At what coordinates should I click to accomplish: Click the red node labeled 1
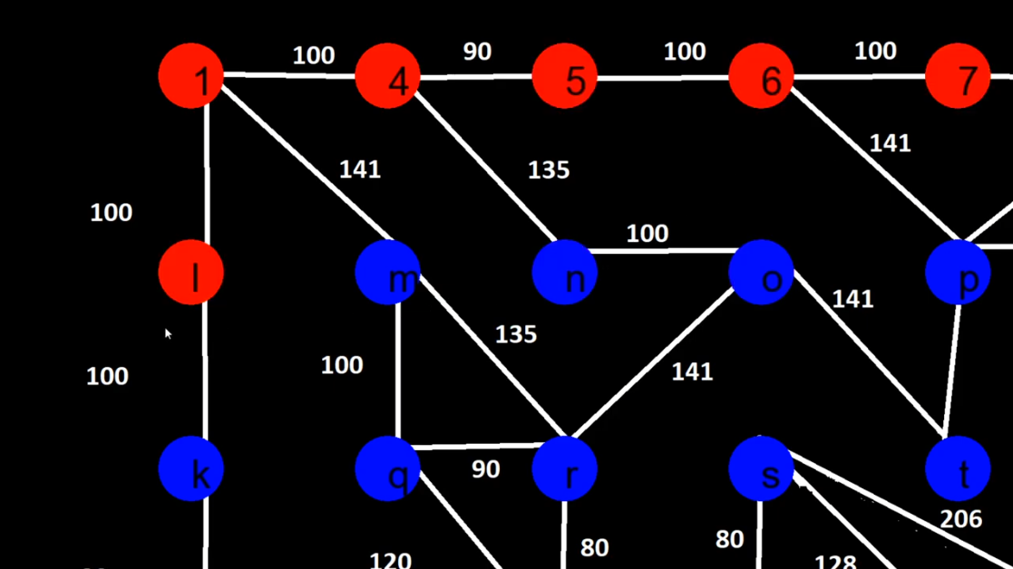click(190, 77)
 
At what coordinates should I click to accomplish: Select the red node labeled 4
click(388, 77)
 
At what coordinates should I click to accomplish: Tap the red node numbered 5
click(565, 77)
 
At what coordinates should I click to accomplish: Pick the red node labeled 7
click(958, 77)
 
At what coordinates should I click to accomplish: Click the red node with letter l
click(190, 273)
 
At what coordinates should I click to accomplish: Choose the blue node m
click(388, 273)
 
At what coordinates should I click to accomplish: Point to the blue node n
click(565, 273)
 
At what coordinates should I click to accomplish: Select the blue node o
click(762, 273)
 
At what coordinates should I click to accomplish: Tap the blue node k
click(190, 468)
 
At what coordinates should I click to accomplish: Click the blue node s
click(762, 468)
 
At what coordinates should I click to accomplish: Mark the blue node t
click(958, 468)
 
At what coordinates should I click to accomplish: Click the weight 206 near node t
click(960, 519)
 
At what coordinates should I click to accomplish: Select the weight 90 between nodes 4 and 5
click(477, 52)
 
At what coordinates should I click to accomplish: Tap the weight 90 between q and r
click(485, 469)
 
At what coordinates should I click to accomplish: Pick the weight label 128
click(834, 562)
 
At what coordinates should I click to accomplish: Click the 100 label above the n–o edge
click(648, 234)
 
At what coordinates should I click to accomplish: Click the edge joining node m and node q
click(399, 371)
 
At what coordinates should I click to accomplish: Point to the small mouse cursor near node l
click(168, 333)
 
